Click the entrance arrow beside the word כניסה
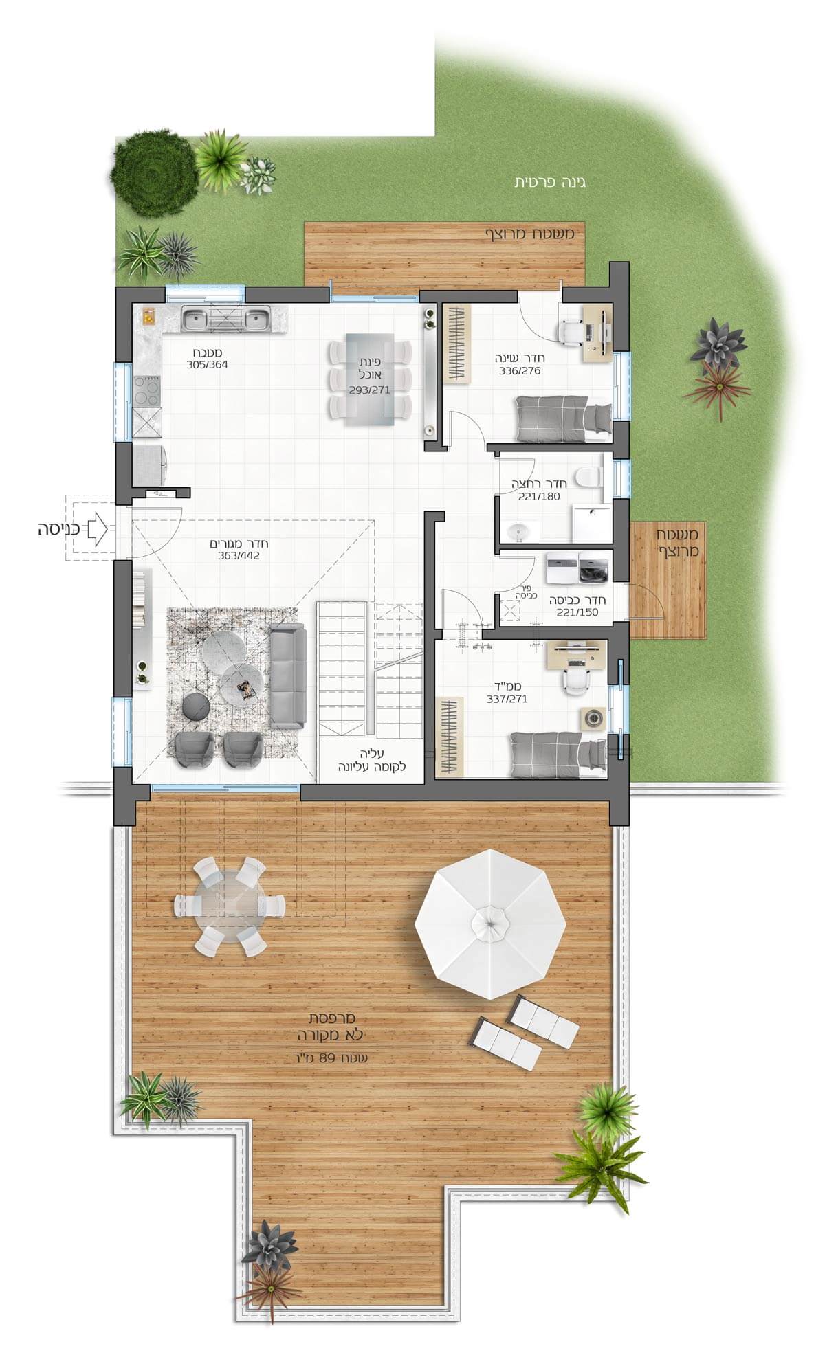pyautogui.click(x=97, y=529)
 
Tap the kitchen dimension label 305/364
pyautogui.click(x=206, y=365)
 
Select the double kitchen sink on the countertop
pyautogui.click(x=225, y=320)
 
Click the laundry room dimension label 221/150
pyautogui.click(x=577, y=612)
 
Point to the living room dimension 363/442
pyautogui.click(x=234, y=556)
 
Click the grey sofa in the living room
pyautogui.click(x=288, y=677)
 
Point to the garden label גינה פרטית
pyautogui.click(x=550, y=183)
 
